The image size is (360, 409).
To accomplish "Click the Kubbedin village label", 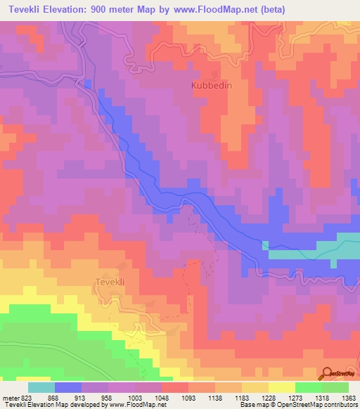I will coord(210,86).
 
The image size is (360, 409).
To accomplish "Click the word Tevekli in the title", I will coord(27,9).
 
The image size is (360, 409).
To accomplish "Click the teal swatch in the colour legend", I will coord(41,387).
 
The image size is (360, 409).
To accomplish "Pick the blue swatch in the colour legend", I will coord(67,387).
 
